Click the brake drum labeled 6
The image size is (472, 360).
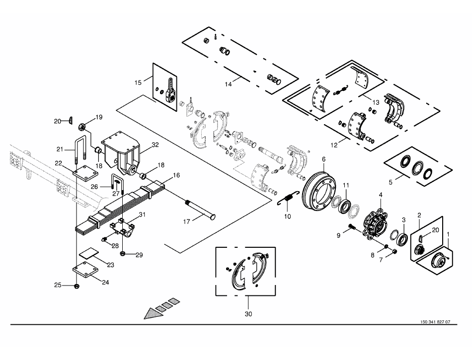click(319, 189)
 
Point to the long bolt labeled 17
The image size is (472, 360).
click(200, 209)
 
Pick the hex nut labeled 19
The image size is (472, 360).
click(82, 127)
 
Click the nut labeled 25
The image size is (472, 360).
click(77, 286)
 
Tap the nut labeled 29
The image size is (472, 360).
click(123, 254)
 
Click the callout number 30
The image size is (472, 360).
click(248, 314)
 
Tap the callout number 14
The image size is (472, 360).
click(228, 84)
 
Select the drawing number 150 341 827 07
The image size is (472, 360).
click(435, 322)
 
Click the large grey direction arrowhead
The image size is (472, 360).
click(153, 314)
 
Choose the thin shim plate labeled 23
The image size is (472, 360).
click(89, 253)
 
